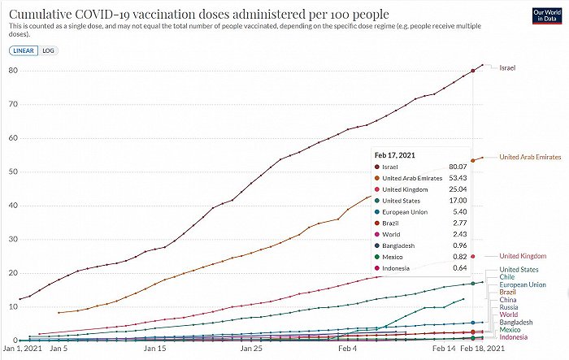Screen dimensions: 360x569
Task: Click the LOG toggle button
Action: (49, 50)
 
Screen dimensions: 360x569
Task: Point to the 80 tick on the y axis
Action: (13, 70)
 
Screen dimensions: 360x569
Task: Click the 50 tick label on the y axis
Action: (13, 171)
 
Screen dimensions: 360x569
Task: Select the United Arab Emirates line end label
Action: (530, 157)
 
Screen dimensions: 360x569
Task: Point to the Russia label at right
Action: (509, 307)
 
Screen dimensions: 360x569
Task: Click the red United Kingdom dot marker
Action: (473, 256)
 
